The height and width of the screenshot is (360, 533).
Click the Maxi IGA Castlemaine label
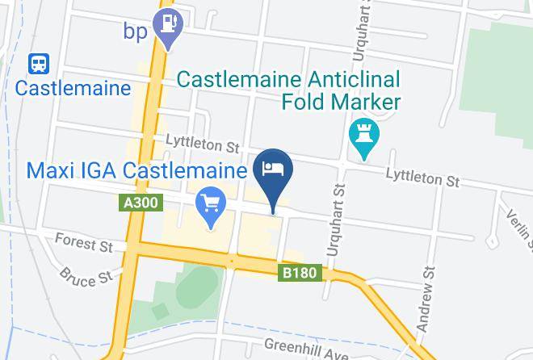coord(136,172)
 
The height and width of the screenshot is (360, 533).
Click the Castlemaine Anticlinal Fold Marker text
coord(288,91)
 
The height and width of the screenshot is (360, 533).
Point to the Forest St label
coord(83,242)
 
